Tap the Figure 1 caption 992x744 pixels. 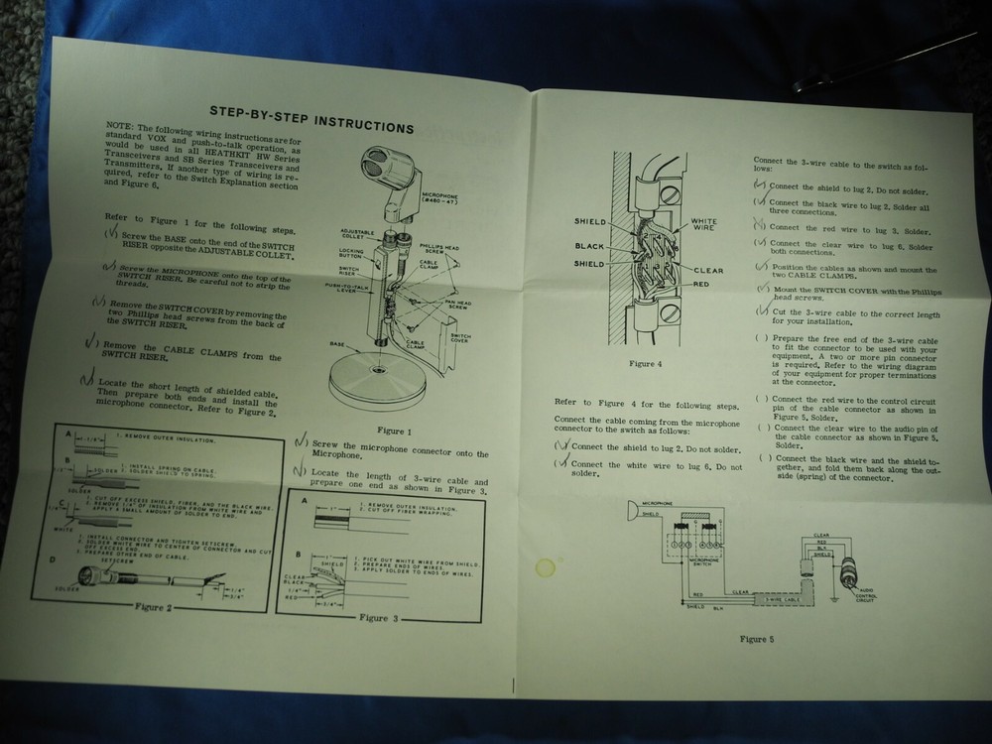point(393,431)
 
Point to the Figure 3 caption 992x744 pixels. point(373,617)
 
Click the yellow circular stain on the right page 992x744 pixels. point(545,569)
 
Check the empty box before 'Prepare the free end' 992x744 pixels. point(760,338)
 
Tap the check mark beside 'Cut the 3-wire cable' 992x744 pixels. point(762,310)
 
